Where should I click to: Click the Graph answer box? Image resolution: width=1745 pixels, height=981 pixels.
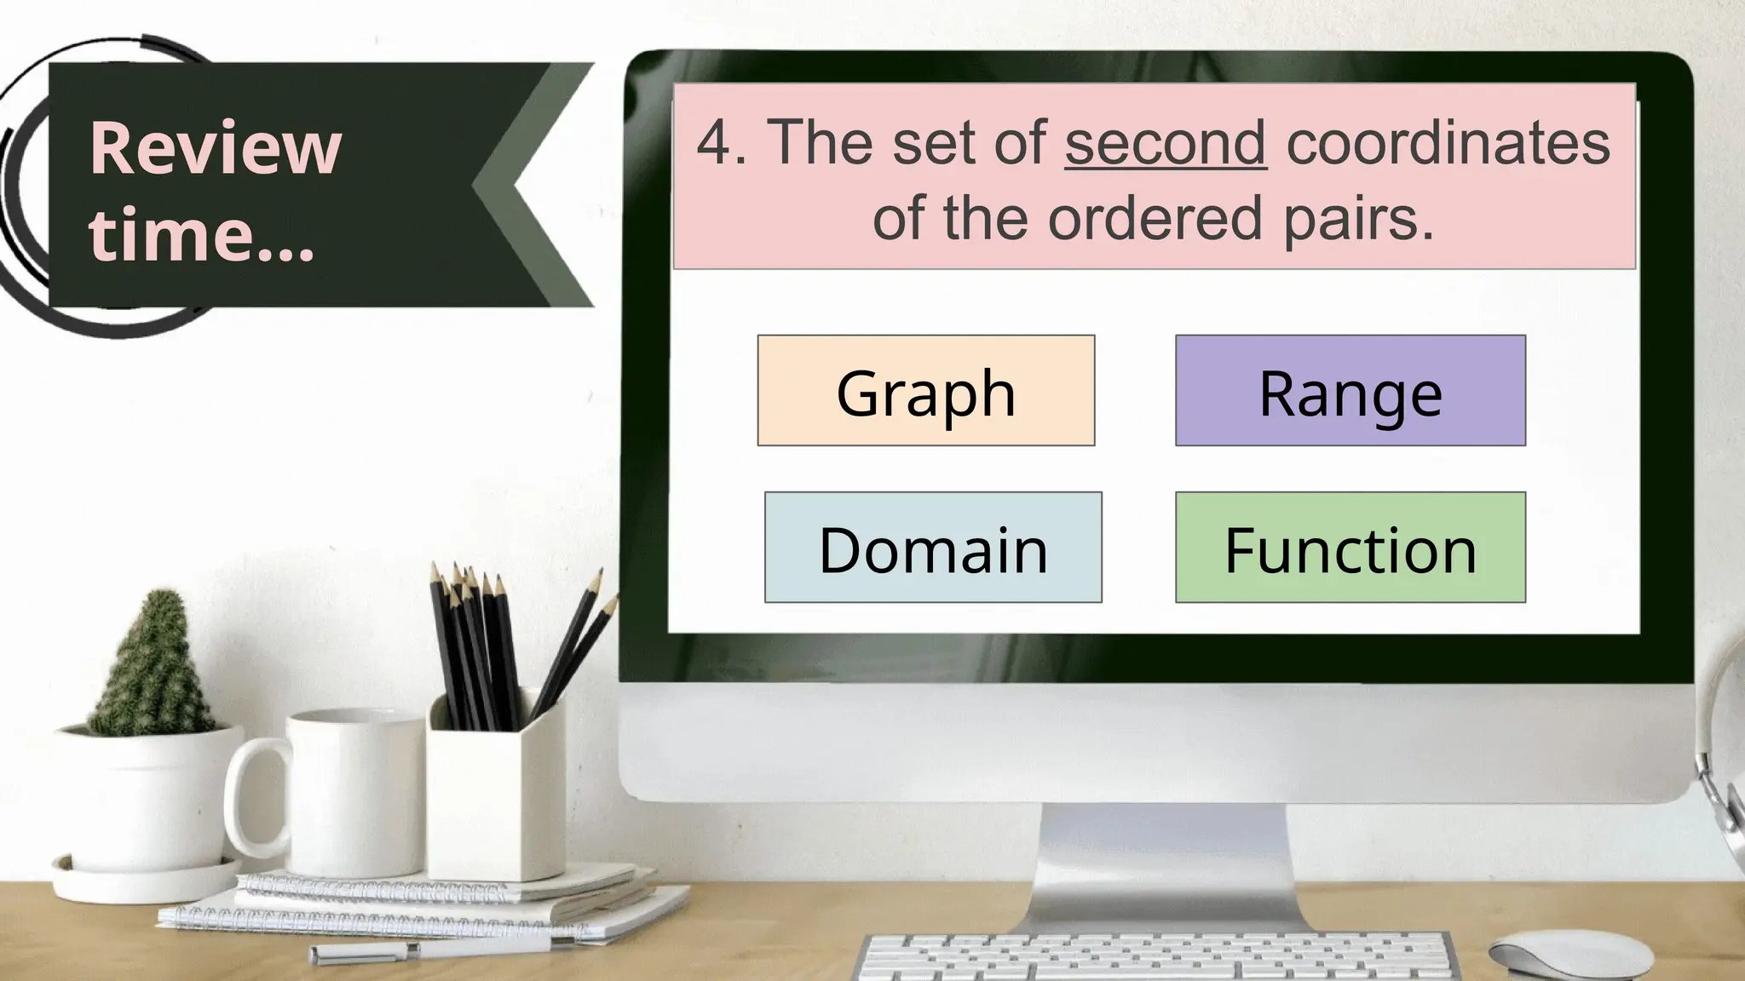(x=925, y=391)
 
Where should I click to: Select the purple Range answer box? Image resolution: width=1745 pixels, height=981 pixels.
(x=1350, y=391)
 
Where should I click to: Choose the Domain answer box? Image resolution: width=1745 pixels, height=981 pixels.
(x=933, y=548)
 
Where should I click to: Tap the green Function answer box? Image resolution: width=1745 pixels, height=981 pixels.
(x=1350, y=548)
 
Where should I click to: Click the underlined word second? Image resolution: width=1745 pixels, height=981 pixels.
(x=1165, y=142)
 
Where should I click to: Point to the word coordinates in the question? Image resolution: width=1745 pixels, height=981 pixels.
(x=1448, y=142)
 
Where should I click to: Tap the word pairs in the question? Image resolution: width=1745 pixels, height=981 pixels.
(x=1358, y=218)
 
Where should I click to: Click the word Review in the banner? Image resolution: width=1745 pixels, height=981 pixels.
(x=215, y=148)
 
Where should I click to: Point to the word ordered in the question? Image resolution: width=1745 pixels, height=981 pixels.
(x=1154, y=218)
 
